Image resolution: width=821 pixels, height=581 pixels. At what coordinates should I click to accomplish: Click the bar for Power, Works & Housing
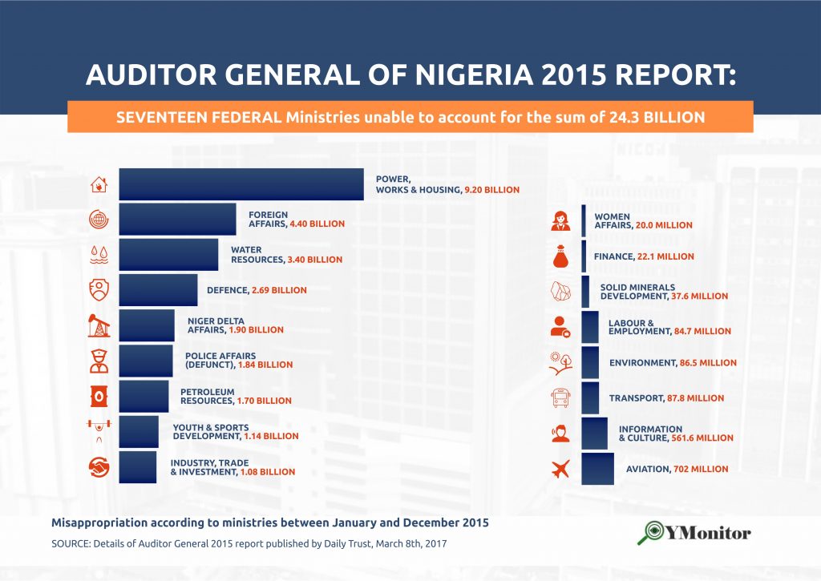241,184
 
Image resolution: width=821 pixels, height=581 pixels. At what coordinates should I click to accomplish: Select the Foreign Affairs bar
177,220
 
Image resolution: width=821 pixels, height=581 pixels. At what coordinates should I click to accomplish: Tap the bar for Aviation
597,469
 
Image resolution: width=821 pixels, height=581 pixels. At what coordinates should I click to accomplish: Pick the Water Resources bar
168,255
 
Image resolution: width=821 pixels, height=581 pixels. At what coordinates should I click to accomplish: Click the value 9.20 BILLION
491,190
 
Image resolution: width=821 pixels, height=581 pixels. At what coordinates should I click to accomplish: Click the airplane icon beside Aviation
560,470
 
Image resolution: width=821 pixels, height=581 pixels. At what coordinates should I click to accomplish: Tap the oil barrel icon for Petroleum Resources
99,396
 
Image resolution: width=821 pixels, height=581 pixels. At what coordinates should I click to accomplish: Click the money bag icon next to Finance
560,256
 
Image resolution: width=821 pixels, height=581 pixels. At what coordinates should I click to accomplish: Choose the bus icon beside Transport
560,397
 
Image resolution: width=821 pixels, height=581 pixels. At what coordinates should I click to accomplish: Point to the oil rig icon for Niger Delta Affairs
99,325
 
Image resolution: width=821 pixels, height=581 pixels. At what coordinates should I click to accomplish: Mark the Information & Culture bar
594,433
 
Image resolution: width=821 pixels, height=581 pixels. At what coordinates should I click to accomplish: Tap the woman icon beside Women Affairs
560,220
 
